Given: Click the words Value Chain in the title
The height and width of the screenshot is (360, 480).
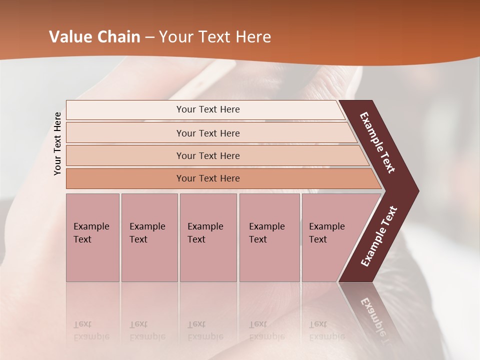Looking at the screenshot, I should [x=94, y=37].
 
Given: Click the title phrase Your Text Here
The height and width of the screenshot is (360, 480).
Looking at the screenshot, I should [x=215, y=37].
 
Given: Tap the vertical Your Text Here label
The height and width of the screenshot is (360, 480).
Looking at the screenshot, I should [x=57, y=143].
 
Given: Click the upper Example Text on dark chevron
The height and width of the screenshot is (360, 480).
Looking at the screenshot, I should [x=377, y=142].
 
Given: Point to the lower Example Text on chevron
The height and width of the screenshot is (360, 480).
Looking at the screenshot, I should [x=378, y=236].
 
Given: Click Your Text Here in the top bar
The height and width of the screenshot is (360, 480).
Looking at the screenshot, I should [x=208, y=109].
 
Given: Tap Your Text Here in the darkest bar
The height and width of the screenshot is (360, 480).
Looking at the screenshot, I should [x=208, y=178].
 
